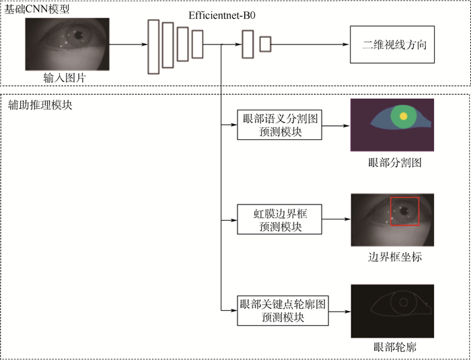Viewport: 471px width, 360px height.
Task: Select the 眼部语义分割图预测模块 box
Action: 280,125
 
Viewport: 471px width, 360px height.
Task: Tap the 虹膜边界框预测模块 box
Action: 280,220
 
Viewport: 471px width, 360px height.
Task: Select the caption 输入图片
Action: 65,79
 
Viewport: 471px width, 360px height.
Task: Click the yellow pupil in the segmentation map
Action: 402,116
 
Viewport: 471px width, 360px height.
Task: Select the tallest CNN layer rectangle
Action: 153,46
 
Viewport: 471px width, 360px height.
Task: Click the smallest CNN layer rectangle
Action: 265,45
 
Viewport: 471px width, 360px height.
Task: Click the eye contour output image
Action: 392,312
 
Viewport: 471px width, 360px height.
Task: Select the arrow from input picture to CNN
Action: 128,46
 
